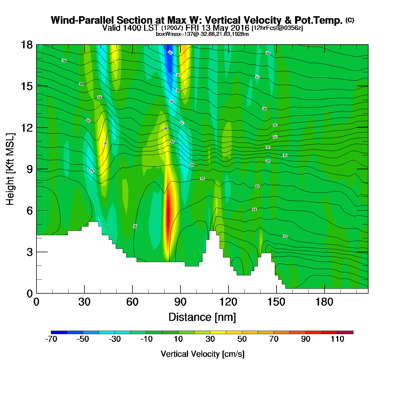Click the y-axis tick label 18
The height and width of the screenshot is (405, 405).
tap(26, 45)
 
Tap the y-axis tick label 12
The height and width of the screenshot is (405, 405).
tap(26, 128)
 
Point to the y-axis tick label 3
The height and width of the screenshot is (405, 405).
tap(30, 252)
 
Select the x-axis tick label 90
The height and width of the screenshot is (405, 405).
tap(180, 302)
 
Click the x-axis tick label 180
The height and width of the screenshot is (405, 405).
tap(324, 302)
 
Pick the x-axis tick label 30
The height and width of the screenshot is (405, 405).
tap(84, 302)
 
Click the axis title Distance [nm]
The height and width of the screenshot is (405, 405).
tap(202, 317)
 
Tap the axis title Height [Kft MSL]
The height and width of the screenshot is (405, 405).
tap(10, 169)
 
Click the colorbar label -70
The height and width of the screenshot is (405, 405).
tap(51, 339)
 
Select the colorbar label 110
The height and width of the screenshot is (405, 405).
tap(337, 339)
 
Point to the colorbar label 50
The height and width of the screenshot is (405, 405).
tap(242, 339)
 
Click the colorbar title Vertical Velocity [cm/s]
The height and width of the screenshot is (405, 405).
tap(203, 354)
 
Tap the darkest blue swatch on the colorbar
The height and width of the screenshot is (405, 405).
tap(59, 332)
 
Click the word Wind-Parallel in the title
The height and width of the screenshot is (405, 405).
tap(83, 20)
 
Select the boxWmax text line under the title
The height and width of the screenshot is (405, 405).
tap(202, 34)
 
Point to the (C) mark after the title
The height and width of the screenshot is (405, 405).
tap(350, 20)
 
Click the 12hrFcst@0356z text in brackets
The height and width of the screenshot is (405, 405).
tap(277, 28)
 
